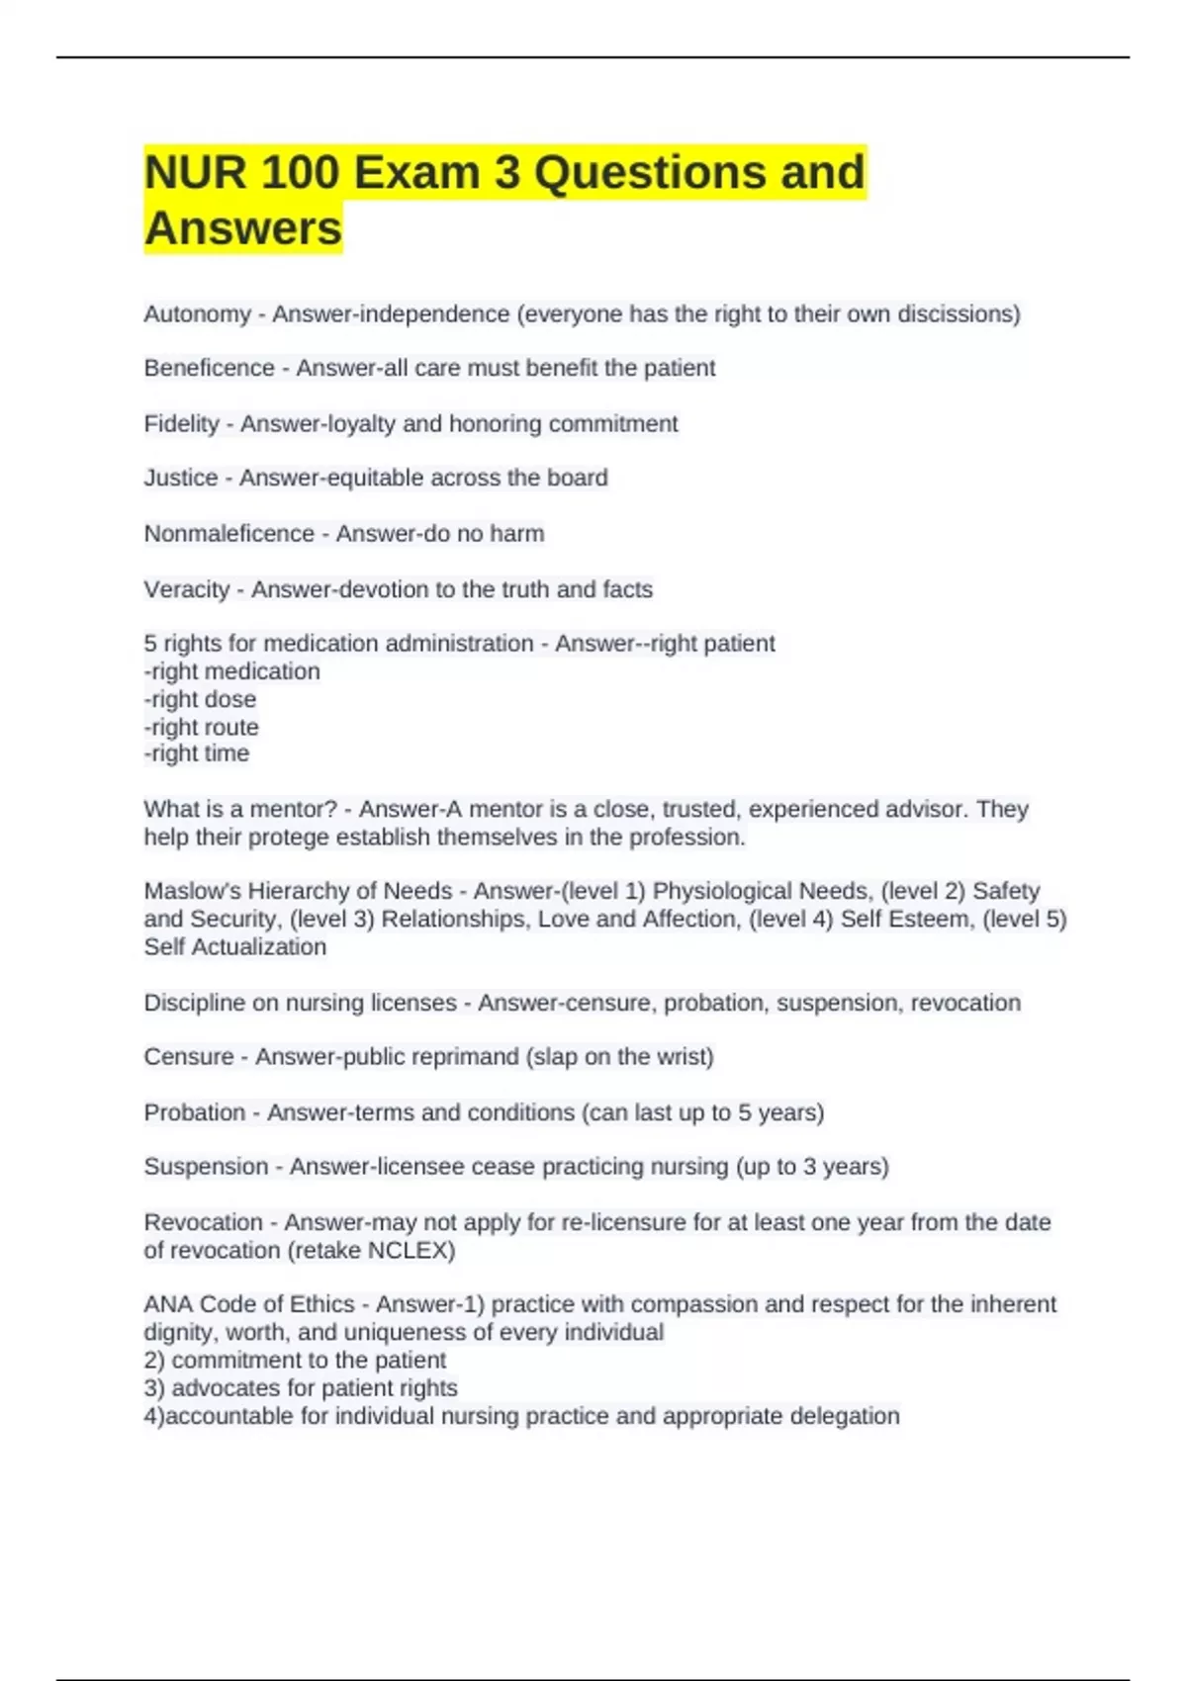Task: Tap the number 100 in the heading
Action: [299, 173]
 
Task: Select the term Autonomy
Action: [197, 314]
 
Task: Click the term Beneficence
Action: [209, 368]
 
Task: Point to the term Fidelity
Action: [181, 424]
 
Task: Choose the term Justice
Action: [180, 478]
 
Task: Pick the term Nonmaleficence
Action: [228, 534]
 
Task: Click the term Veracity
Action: [186, 589]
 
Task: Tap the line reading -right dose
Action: [200, 699]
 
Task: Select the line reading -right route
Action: [201, 727]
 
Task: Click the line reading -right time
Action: [196, 753]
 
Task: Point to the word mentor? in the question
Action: [294, 809]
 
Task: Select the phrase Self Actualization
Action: [234, 947]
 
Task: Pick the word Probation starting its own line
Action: [194, 1112]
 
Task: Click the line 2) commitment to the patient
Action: [295, 1361]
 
